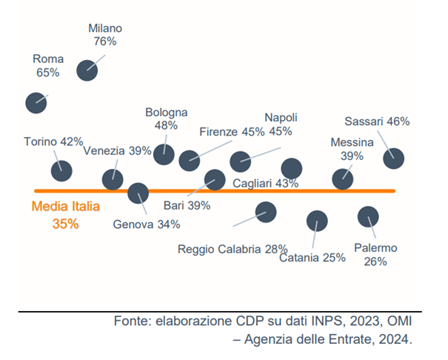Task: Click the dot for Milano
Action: point(87,70)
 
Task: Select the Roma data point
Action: point(36,102)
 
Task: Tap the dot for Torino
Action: point(61,170)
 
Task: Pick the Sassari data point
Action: point(393,158)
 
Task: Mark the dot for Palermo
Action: point(368,216)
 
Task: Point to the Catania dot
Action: point(317,221)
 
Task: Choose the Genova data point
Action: point(138,193)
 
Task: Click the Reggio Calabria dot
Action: point(266,212)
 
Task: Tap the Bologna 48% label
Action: point(166,119)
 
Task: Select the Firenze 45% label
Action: point(232,133)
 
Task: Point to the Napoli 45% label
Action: point(281,124)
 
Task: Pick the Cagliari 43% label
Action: point(265,184)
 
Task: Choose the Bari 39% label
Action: point(187,205)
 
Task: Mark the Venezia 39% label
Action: point(117,151)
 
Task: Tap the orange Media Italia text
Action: point(66,207)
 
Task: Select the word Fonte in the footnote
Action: point(131,321)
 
